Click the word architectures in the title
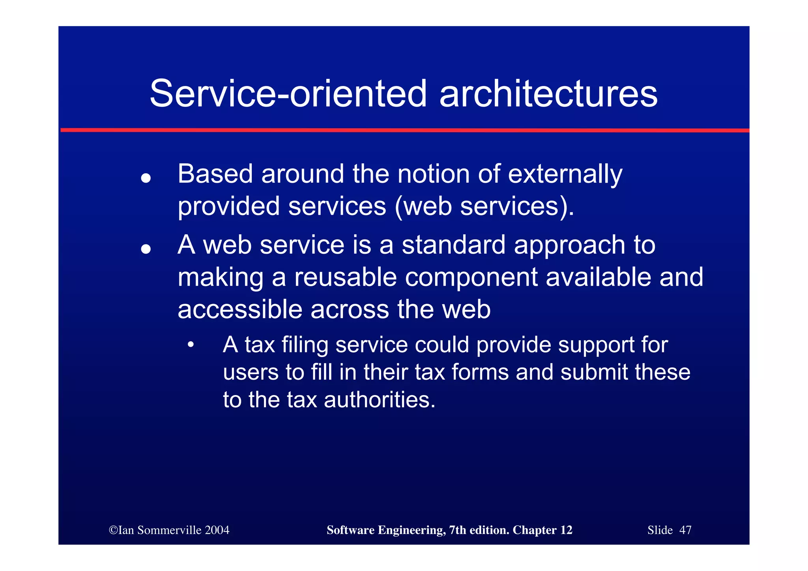click(x=548, y=94)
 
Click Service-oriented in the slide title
click(x=288, y=94)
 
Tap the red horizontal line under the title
click(x=404, y=130)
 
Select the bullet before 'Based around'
click(x=146, y=178)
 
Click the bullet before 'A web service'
click(x=146, y=249)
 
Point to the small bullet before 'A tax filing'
click(x=191, y=344)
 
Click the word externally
click(x=565, y=174)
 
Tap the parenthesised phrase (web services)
click(x=484, y=206)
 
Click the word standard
click(x=453, y=245)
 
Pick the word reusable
click(x=345, y=277)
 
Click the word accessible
click(x=239, y=309)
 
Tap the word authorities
click(x=380, y=400)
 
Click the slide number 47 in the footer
click(x=685, y=530)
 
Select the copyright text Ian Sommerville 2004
click(x=169, y=530)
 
